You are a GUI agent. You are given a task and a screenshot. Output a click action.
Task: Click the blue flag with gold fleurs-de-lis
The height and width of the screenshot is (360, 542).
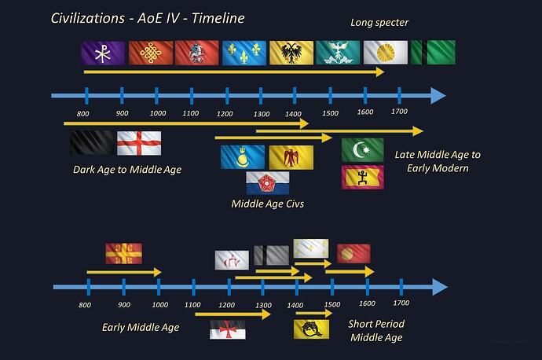(x=244, y=53)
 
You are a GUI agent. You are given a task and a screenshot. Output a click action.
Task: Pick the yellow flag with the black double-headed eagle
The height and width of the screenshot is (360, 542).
(x=291, y=53)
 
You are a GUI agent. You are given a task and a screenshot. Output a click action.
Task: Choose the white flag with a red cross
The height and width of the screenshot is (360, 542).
(x=139, y=143)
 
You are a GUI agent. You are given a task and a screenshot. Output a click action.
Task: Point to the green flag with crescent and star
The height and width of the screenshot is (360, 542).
(x=362, y=149)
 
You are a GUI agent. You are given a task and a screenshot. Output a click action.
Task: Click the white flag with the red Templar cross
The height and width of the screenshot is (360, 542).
(x=228, y=329)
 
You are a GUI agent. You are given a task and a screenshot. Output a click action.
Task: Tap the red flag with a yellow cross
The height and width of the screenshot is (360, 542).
(x=123, y=254)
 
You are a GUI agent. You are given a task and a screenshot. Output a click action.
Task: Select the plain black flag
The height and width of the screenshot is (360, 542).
(x=91, y=143)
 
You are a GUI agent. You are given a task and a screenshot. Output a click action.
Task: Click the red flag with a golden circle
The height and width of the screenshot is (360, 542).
(x=353, y=254)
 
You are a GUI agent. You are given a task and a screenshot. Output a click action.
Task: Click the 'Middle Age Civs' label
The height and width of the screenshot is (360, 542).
(x=267, y=204)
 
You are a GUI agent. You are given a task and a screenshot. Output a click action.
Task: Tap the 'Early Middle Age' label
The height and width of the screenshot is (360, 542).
(x=141, y=327)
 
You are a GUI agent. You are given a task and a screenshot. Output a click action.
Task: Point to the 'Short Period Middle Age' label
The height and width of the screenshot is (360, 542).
(x=375, y=330)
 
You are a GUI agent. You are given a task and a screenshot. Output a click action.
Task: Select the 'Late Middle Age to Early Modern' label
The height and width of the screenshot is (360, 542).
(x=438, y=161)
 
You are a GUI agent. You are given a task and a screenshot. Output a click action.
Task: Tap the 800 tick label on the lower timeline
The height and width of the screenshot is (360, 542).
(x=85, y=304)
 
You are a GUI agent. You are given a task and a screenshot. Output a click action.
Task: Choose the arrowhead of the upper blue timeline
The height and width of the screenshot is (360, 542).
(x=436, y=96)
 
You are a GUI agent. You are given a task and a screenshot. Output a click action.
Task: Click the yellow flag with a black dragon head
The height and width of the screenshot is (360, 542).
(x=311, y=329)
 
